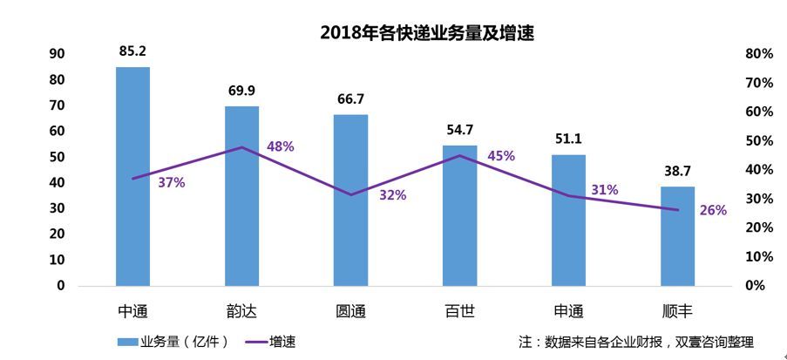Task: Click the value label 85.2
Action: pos(132,51)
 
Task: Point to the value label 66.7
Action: pos(350,98)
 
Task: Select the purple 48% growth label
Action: pos(280,146)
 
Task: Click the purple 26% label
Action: pos(713,210)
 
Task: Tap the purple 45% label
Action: pos(500,156)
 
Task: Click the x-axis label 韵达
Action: pos(241,311)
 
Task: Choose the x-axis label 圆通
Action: pos(350,311)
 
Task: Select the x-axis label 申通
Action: pos(568,311)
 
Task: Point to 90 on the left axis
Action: pos(58,54)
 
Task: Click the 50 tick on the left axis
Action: pos(58,157)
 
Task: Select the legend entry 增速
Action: pos(282,342)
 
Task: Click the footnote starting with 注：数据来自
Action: pos(635,342)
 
